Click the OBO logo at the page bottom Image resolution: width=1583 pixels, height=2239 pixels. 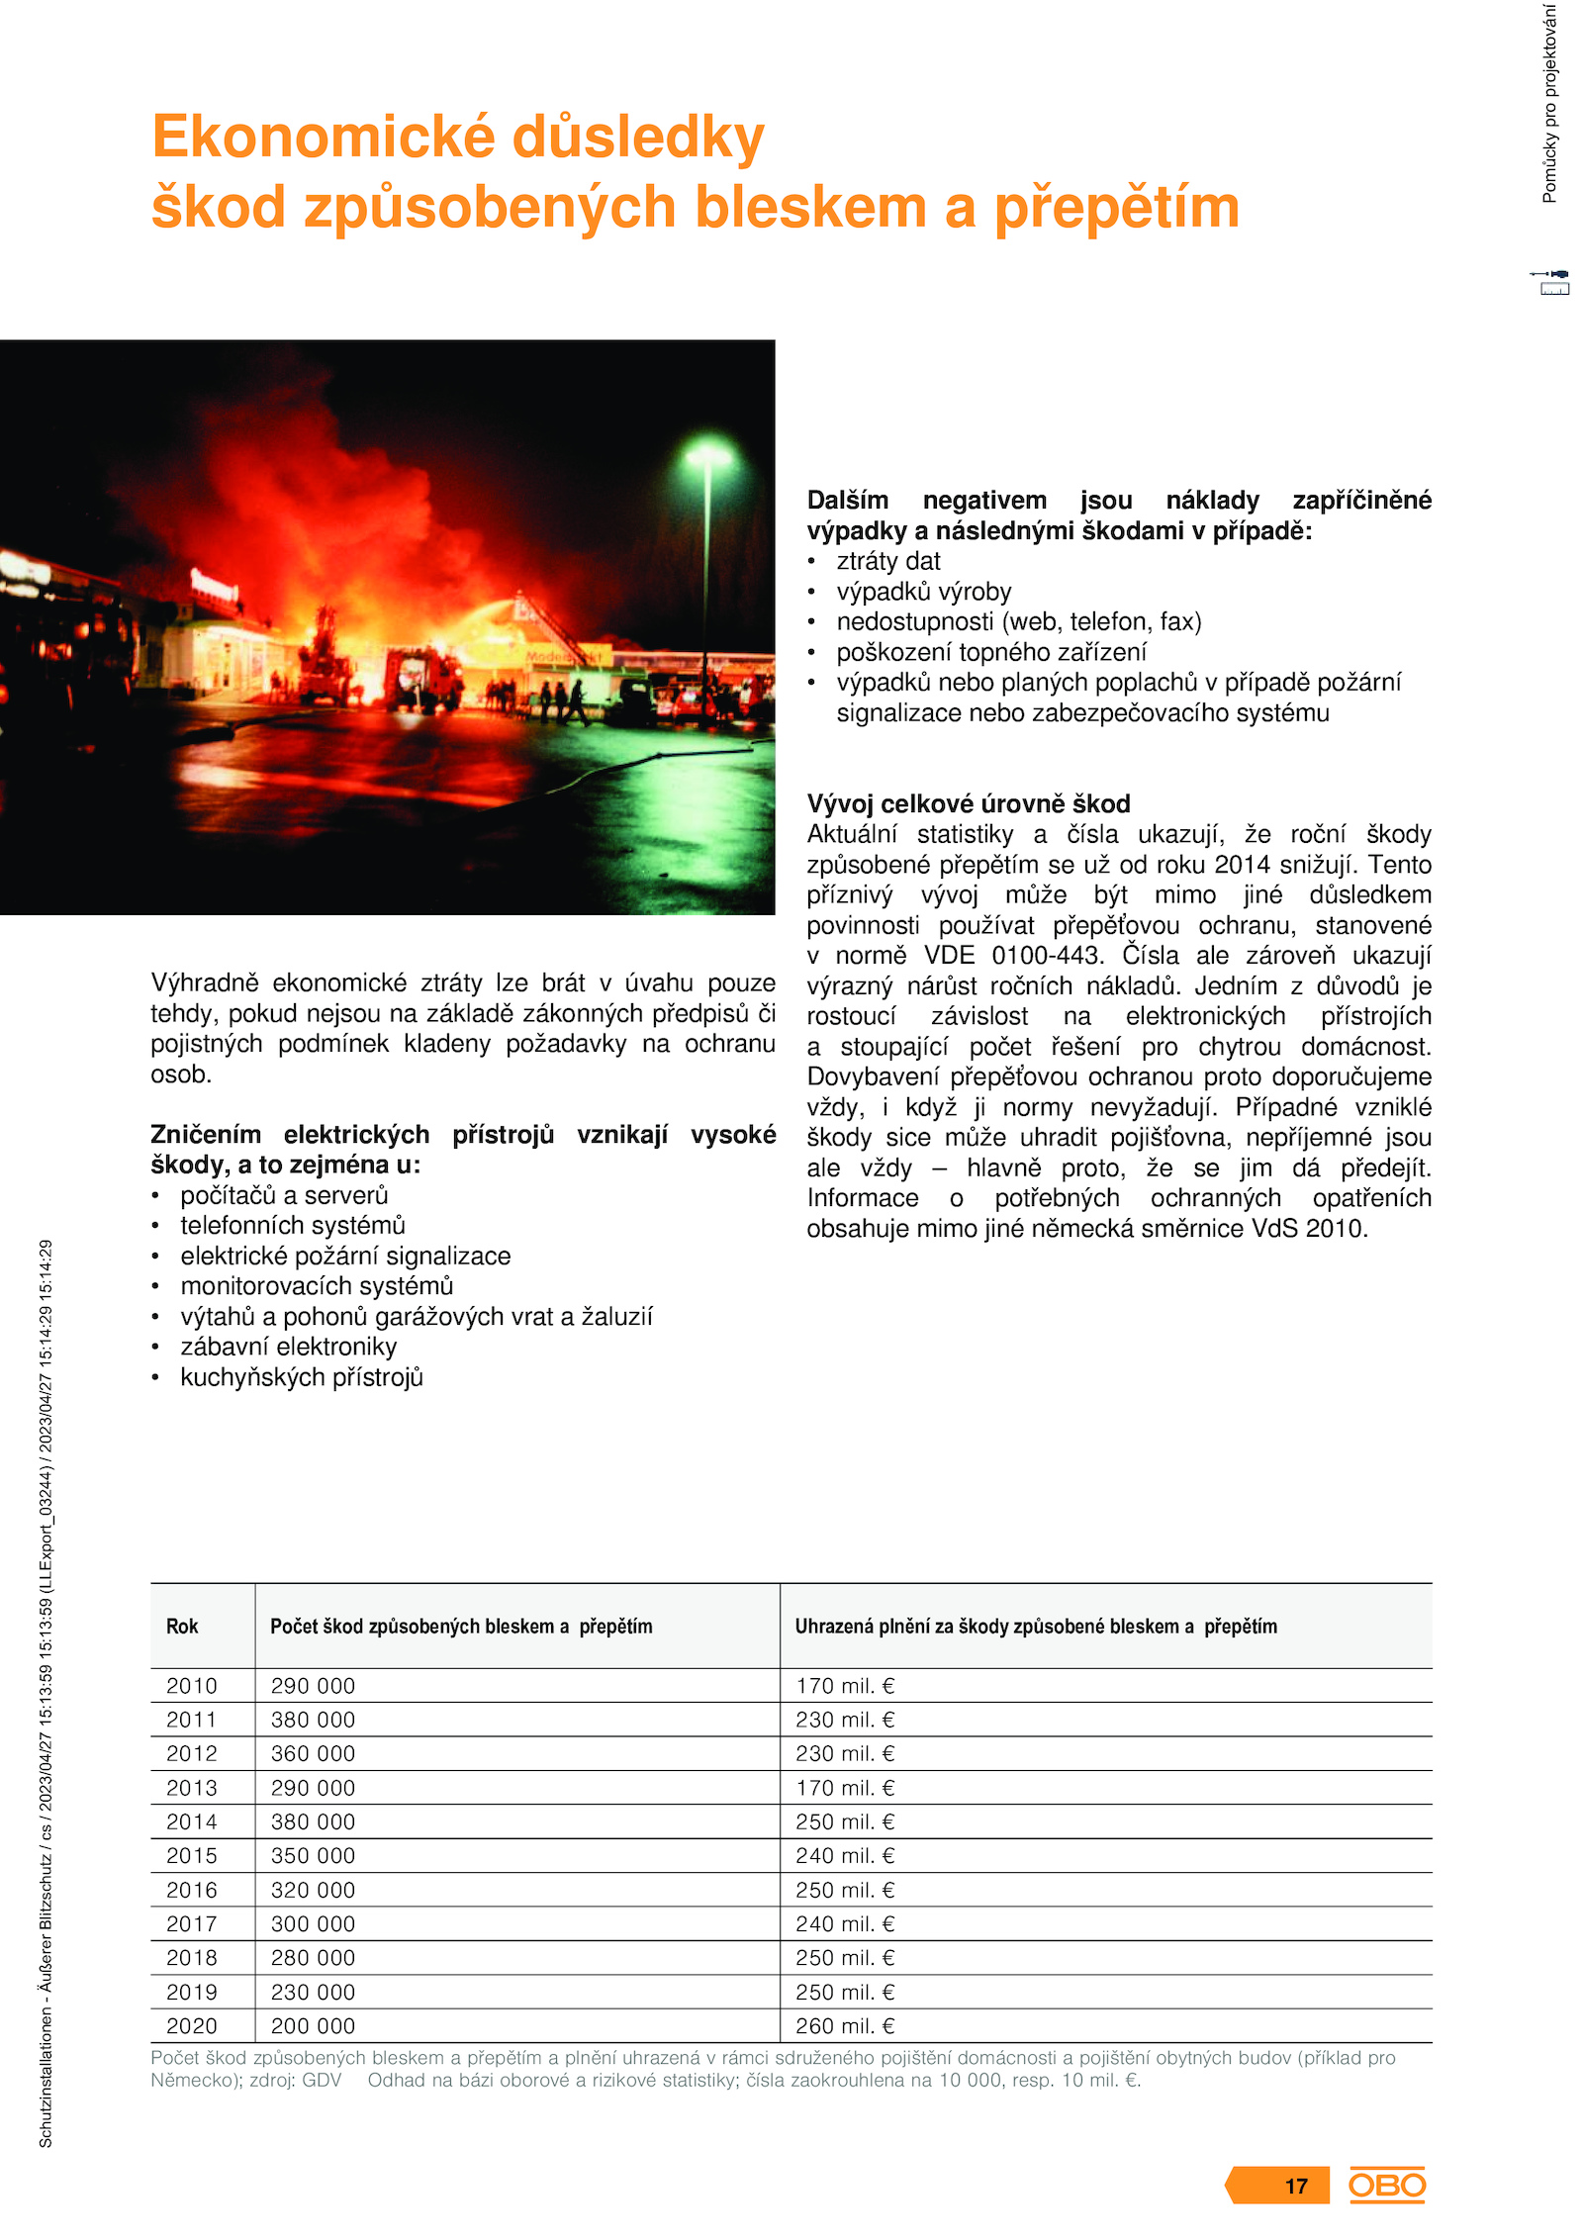click(1386, 2185)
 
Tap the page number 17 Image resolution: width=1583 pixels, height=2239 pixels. click(1296, 2187)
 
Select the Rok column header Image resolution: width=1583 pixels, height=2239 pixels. click(182, 1627)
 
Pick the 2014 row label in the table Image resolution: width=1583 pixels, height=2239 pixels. click(191, 1821)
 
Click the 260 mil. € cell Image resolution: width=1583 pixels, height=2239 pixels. click(845, 2026)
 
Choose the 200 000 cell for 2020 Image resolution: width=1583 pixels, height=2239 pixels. click(313, 2026)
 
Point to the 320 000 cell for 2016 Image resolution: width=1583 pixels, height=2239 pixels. click(313, 1890)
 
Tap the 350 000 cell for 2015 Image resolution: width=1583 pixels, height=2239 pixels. click(313, 1856)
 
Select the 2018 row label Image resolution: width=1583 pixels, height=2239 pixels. click(191, 1958)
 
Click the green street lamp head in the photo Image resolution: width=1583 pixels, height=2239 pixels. click(708, 457)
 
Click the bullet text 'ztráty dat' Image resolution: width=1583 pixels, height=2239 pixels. click(888, 561)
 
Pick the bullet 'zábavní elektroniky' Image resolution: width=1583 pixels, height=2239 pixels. click(288, 1347)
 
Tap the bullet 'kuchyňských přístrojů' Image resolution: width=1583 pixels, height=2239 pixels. click(302, 1377)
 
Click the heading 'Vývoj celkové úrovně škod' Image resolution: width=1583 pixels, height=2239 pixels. click(969, 803)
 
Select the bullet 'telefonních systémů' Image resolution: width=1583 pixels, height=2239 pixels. click(293, 1226)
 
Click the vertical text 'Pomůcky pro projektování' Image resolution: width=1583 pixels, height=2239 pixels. click(1549, 104)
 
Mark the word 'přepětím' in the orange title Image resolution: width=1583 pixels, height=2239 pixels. click(1116, 208)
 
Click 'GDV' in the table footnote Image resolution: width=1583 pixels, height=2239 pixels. click(322, 2080)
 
